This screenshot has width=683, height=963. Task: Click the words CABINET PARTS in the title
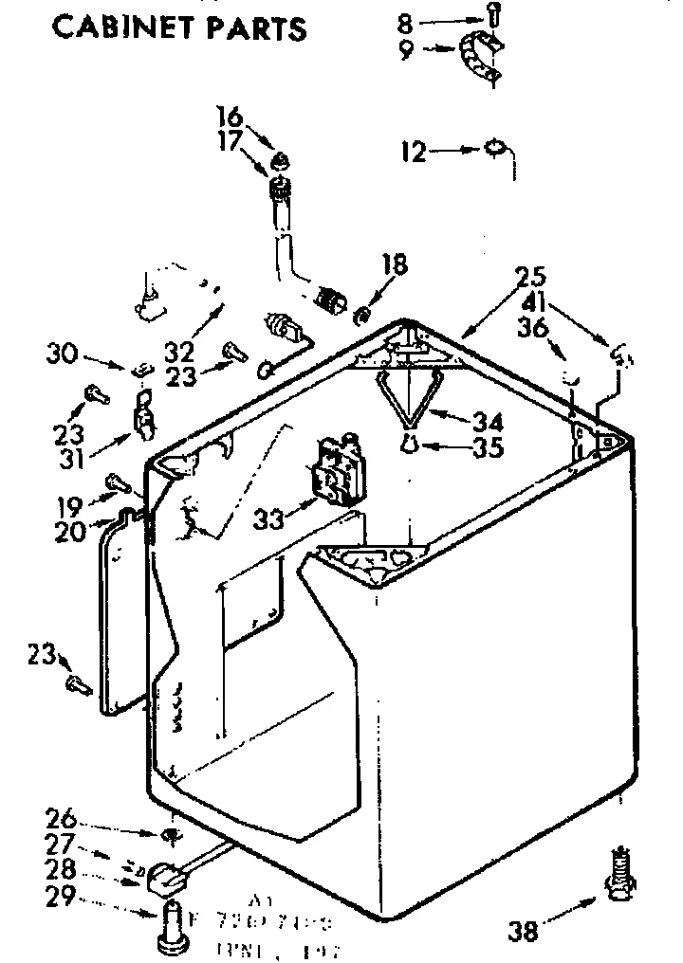pos(179,27)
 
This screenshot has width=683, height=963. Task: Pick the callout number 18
pos(395,264)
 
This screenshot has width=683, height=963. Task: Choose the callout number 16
pos(231,118)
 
